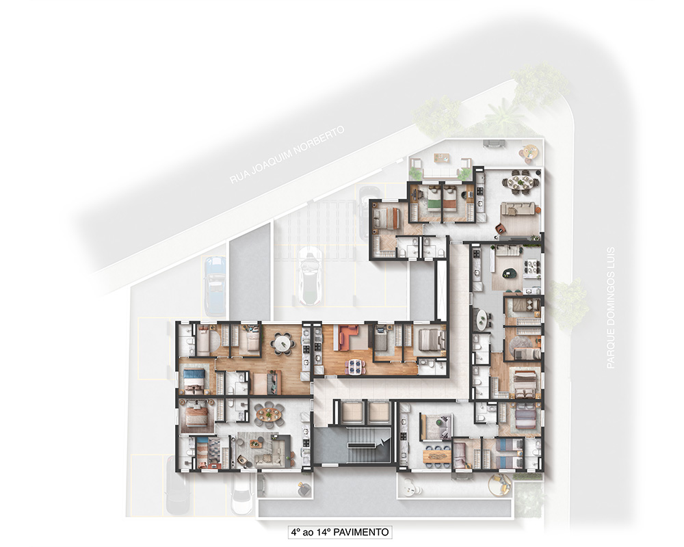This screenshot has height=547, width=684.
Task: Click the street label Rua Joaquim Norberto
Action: [287, 155]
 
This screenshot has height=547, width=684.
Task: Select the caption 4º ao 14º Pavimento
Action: [339, 532]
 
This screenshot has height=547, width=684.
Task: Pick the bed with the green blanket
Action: [432, 199]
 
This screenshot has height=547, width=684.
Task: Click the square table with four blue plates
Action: [354, 366]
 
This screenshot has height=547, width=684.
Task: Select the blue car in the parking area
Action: [215, 285]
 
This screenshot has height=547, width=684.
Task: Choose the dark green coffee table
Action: [509, 273]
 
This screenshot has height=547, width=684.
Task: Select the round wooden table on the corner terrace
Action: [529, 151]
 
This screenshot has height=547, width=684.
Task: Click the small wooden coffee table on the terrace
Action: [440, 158]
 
